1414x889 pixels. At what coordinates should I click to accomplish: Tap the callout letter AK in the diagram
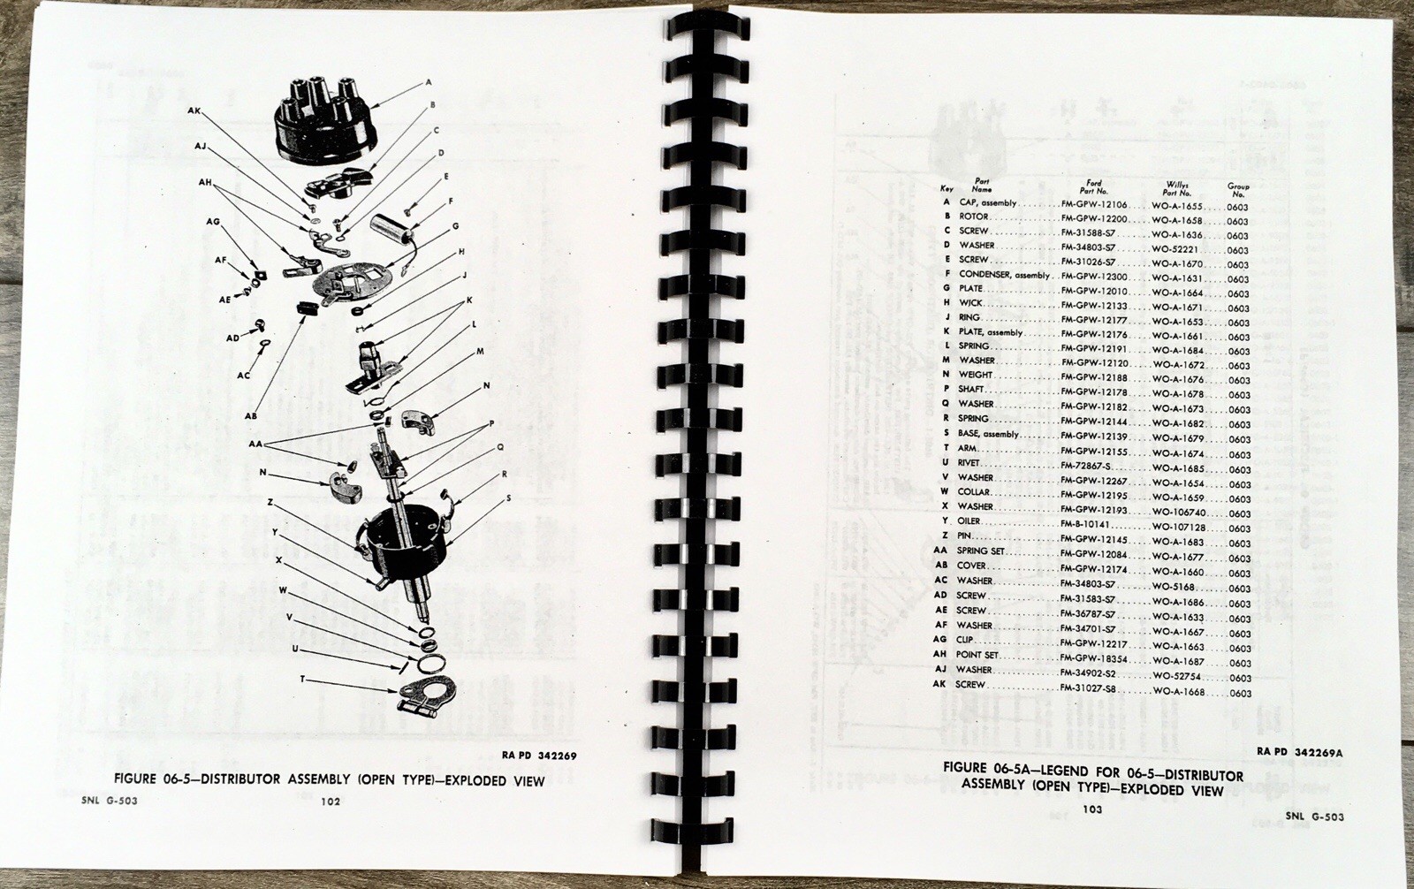(x=194, y=111)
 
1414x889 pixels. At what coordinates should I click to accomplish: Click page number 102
(x=331, y=802)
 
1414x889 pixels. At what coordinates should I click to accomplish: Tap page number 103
(x=1091, y=809)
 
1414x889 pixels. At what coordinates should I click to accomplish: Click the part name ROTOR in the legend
(x=973, y=217)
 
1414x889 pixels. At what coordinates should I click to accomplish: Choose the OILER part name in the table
(x=971, y=521)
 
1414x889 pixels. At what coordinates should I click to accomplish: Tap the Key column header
(x=946, y=189)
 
